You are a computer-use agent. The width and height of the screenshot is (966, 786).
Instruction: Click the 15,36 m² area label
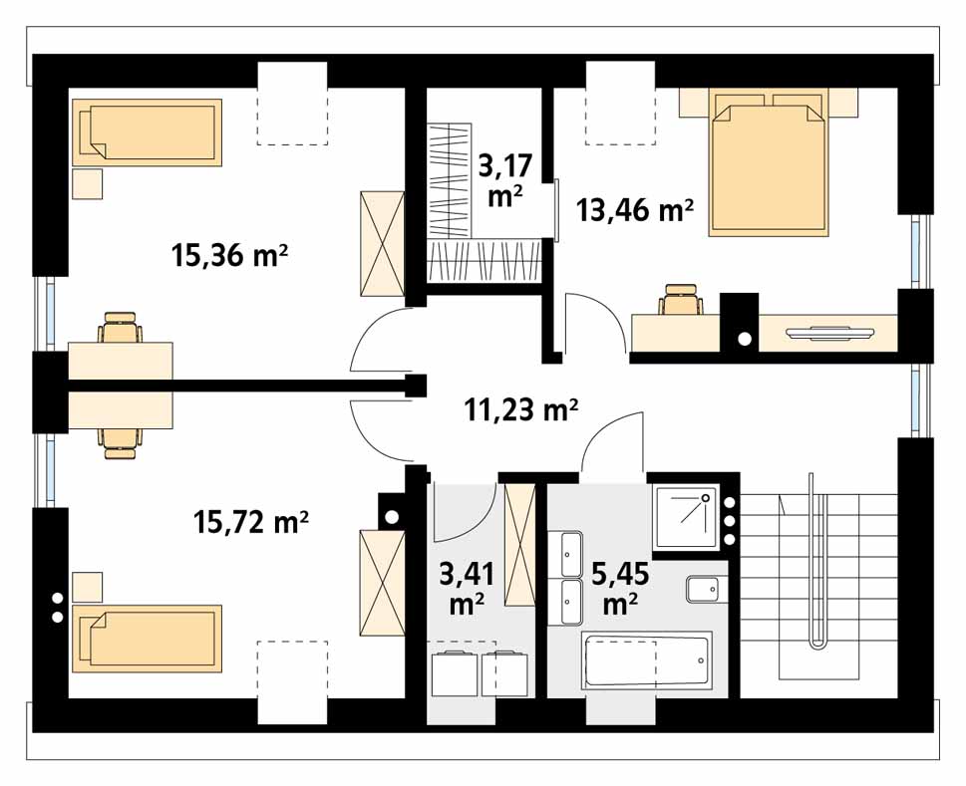[231, 255]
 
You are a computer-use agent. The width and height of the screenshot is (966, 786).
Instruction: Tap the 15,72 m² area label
[251, 523]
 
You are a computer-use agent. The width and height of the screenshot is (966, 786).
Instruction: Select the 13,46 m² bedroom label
[635, 210]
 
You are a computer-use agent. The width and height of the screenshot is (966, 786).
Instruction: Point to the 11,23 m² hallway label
[520, 409]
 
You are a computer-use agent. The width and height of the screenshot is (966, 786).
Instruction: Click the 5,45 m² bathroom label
[620, 589]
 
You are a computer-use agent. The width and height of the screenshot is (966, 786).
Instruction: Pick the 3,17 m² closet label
[505, 181]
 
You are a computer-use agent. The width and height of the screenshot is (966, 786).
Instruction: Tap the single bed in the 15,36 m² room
[147, 132]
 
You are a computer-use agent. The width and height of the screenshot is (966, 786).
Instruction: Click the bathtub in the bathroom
[646, 661]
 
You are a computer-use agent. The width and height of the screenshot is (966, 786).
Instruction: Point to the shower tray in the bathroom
[686, 518]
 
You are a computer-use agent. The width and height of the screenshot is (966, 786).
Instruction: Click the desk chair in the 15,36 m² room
[121, 327]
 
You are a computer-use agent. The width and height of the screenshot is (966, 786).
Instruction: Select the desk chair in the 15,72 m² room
[121, 443]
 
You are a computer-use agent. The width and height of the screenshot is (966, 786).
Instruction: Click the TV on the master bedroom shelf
[829, 333]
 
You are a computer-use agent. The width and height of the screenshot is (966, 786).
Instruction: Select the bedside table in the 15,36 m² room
[88, 184]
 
